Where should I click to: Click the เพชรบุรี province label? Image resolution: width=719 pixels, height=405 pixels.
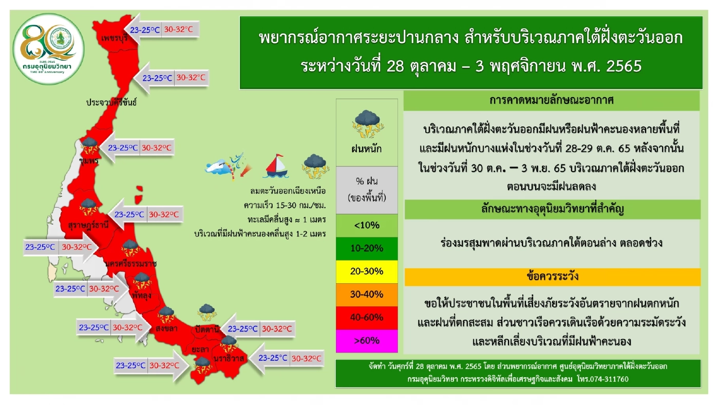115,38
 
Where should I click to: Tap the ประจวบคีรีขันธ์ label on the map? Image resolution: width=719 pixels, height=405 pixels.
111,102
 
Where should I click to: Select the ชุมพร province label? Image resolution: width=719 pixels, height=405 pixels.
89,160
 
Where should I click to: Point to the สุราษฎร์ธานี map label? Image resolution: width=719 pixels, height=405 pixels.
88,225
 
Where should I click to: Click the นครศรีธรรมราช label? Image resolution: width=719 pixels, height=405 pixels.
131,264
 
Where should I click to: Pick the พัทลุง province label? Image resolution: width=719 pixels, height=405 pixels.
142,295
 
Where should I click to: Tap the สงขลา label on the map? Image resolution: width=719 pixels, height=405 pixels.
166,328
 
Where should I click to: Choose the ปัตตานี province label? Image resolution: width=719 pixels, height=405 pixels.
207,329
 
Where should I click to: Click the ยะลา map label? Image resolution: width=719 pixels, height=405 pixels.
200,349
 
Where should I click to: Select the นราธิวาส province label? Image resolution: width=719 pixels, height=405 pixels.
229,358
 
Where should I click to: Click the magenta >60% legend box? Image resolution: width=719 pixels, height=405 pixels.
367,341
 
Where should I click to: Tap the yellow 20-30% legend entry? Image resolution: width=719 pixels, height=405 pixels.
367,272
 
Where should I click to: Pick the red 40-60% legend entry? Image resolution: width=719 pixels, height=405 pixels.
367,318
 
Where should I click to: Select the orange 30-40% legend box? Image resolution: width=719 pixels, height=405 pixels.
367,294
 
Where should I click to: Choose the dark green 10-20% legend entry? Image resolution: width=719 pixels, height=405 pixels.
367,249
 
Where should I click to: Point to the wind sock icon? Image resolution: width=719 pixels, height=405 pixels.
229,167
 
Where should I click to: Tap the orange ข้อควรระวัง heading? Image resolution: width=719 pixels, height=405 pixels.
552,277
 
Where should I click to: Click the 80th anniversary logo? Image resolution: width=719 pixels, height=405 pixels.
49,49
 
